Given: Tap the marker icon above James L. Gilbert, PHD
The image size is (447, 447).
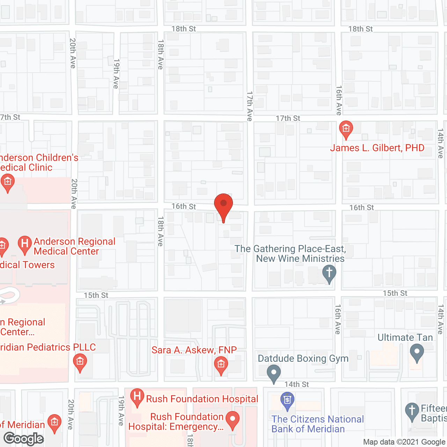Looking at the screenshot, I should (x=346, y=129).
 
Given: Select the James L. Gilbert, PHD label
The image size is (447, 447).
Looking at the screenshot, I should (x=377, y=148).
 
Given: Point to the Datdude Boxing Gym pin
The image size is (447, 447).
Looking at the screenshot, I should (x=274, y=373).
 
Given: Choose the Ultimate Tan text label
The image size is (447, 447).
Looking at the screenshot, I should (x=405, y=338).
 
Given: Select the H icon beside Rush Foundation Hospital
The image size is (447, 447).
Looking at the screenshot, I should (x=137, y=397).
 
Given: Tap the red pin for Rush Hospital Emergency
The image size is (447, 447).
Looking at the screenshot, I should (x=233, y=419).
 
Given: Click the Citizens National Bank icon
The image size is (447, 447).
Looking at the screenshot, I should (x=287, y=400).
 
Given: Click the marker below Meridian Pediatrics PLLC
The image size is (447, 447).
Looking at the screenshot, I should (x=80, y=362).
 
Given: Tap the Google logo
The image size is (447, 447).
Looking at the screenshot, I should (x=24, y=439).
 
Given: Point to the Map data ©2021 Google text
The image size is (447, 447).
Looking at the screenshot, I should (x=404, y=442).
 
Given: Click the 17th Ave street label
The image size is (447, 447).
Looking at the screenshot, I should (x=250, y=106).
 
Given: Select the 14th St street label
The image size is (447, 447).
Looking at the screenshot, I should (x=296, y=384).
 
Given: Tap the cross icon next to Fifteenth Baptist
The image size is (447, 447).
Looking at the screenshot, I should (x=412, y=411).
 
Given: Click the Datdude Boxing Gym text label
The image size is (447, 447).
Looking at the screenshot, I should (x=303, y=359).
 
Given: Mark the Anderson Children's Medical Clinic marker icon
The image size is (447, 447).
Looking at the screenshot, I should (x=7, y=182).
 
